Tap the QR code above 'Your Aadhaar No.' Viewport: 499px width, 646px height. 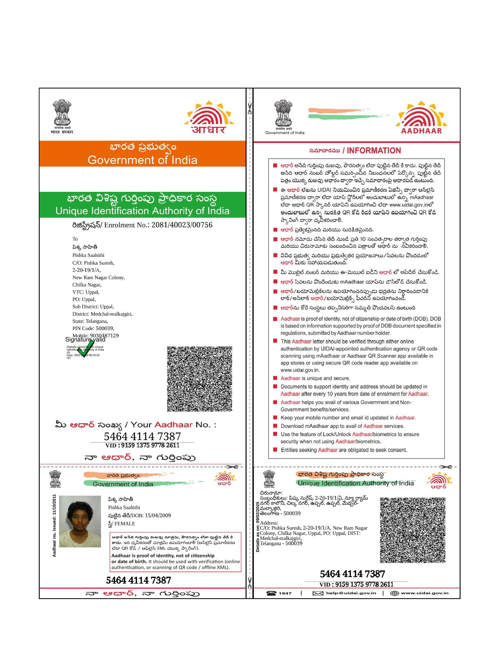click(x=200, y=379)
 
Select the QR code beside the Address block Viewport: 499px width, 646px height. click(x=413, y=530)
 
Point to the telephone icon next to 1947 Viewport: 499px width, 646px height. click(x=271, y=593)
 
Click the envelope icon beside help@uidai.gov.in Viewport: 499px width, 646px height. click(x=318, y=593)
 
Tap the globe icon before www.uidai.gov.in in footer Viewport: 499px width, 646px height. click(x=395, y=593)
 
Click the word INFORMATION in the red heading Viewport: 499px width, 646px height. click(x=374, y=151)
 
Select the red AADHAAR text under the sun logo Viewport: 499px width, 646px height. click(x=421, y=131)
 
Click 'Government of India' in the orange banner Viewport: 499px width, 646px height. click(x=142, y=160)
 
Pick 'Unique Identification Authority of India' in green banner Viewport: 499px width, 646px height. click(x=142, y=211)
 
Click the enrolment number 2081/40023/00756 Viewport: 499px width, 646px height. click(x=182, y=225)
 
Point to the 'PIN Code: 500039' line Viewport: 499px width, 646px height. click(x=93, y=328)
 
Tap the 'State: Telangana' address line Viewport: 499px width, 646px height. click(x=90, y=321)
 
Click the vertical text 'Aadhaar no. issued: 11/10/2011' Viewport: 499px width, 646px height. click(x=54, y=525)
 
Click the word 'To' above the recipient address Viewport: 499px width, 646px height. click(x=75, y=239)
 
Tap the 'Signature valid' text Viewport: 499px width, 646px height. click(x=85, y=339)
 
